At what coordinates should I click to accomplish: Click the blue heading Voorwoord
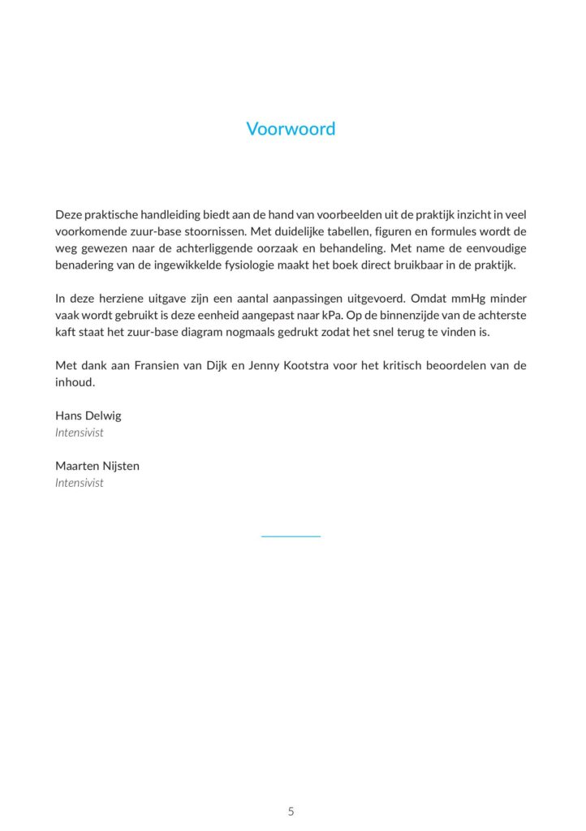pyautogui.click(x=291, y=129)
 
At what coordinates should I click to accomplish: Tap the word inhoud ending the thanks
pyautogui.click(x=75, y=382)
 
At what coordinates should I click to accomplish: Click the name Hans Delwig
pyautogui.click(x=88, y=415)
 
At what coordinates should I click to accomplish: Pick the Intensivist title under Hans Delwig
pyautogui.click(x=80, y=433)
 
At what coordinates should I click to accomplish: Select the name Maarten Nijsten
pyautogui.click(x=97, y=466)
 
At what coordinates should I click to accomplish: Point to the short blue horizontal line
pyautogui.click(x=291, y=536)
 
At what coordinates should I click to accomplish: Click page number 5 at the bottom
pyautogui.click(x=291, y=812)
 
